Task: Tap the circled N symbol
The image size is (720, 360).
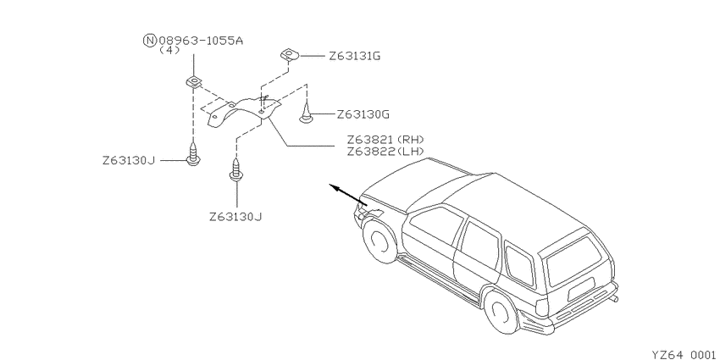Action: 150,41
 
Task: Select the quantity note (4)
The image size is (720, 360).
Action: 169,50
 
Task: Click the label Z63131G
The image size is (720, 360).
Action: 354,56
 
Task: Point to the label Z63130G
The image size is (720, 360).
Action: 363,114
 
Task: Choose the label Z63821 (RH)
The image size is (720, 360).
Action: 385,139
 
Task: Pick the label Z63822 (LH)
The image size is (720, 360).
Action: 385,151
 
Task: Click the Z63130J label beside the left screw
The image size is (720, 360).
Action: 129,161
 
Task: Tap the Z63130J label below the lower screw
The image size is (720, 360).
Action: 235,216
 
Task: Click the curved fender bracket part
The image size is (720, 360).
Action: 243,112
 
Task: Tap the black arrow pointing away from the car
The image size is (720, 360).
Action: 348,194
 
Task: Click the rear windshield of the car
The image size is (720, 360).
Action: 574,260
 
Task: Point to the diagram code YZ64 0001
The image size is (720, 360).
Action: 684,354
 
